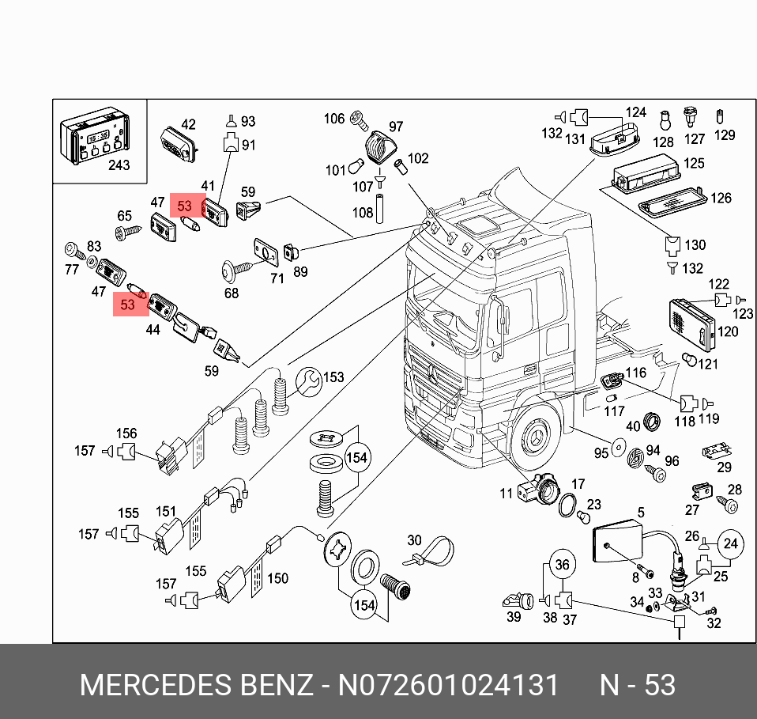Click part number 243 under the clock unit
click(119, 165)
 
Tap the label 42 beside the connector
click(188, 124)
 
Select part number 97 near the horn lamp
click(396, 127)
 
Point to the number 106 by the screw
click(334, 119)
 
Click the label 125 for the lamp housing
click(693, 164)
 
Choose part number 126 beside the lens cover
click(721, 198)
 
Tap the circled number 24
click(730, 543)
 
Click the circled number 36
click(562, 565)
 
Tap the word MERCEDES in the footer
click(149, 684)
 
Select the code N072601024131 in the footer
click(448, 684)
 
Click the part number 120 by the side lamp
click(728, 331)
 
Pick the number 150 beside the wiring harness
click(277, 579)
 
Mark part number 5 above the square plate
click(641, 512)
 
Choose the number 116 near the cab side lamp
click(635, 373)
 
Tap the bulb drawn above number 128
click(665, 120)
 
